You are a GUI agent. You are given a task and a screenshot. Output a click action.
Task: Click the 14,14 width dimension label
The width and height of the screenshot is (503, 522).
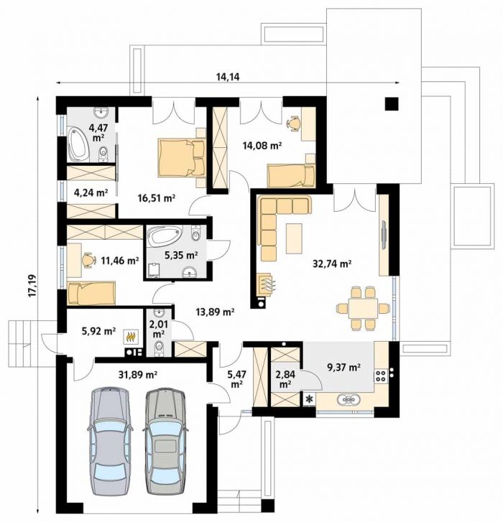pyautogui.click(x=228, y=78)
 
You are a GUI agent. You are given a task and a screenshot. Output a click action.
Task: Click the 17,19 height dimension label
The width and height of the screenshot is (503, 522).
pyautogui.click(x=32, y=286)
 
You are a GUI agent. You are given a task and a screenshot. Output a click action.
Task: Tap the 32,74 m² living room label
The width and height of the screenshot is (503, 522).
pyautogui.click(x=333, y=264)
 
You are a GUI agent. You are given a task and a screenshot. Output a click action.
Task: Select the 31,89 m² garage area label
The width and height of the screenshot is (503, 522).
pyautogui.click(x=138, y=375)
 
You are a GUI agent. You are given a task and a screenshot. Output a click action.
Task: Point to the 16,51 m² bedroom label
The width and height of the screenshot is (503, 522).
pyautogui.click(x=157, y=198)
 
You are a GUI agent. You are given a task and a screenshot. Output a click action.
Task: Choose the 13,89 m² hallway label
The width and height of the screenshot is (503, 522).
pyautogui.click(x=215, y=312)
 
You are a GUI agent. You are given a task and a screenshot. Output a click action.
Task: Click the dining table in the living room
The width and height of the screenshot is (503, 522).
pyautogui.click(x=363, y=308)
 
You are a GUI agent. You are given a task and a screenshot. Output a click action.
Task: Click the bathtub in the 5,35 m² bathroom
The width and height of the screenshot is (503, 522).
pyautogui.click(x=165, y=236)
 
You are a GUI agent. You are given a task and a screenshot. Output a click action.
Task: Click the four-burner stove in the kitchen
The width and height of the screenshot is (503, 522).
pyautogui.click(x=380, y=376)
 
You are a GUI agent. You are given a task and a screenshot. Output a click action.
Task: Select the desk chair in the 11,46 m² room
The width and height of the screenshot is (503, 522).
pyautogui.click(x=88, y=259)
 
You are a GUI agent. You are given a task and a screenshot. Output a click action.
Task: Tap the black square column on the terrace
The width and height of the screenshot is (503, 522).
pyautogui.click(x=392, y=104)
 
